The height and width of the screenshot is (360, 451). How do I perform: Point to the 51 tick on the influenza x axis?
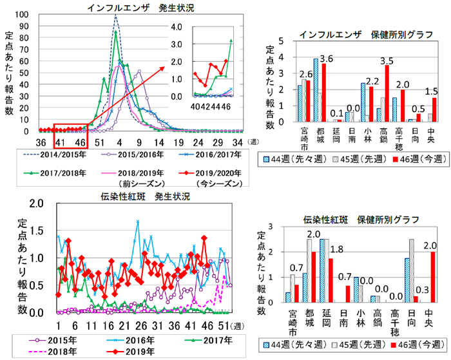[100, 142]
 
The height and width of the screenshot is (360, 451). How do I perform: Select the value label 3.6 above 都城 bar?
[327, 59]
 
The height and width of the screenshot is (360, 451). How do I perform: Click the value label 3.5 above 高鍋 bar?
[387, 61]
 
